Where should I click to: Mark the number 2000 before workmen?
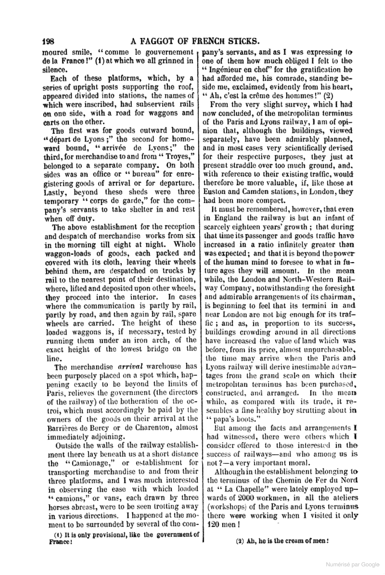(237, 498)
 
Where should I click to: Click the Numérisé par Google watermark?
(352, 565)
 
